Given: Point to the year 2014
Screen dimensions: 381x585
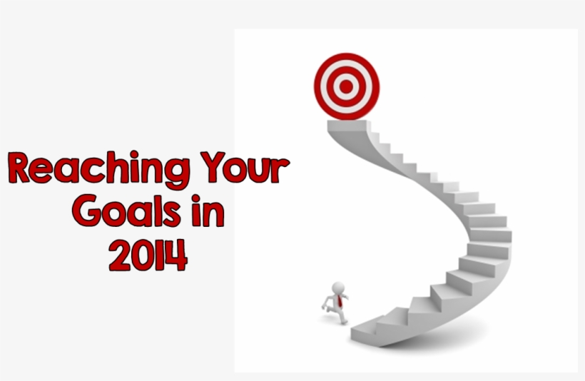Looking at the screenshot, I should pos(148,255).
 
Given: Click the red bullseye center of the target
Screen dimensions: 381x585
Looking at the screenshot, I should pos(346,87).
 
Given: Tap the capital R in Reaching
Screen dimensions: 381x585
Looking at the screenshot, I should pos(21,170).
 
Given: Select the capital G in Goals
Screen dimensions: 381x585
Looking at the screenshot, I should pos(87,213).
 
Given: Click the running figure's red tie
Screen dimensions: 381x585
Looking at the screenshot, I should pos(339,299).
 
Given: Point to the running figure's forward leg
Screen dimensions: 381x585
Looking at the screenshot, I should pos(343,318).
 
